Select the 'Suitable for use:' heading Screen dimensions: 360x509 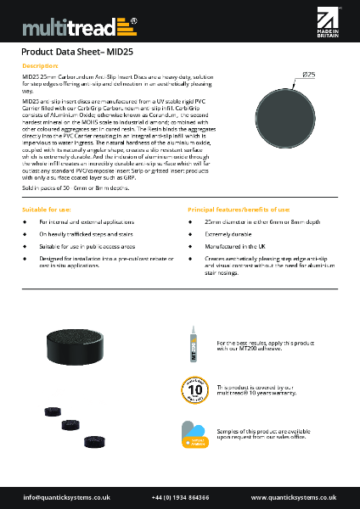[43, 208]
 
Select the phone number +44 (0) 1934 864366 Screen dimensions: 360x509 [180, 496]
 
